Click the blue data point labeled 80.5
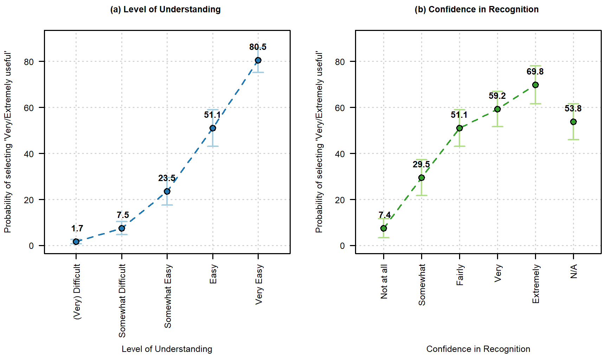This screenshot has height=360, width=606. click(x=258, y=60)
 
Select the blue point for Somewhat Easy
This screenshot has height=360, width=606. click(x=167, y=192)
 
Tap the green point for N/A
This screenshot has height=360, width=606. click(x=573, y=122)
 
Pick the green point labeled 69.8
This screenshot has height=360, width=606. click(x=535, y=85)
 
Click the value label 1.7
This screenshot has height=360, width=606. click(x=77, y=229)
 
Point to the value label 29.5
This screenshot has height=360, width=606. click(x=421, y=164)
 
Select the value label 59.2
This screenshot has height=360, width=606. click(x=497, y=96)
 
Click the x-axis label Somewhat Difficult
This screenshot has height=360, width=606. click(x=122, y=301)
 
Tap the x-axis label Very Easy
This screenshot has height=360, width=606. click(x=259, y=284)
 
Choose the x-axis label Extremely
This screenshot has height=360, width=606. click(x=535, y=284)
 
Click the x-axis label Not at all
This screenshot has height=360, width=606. click(x=384, y=282)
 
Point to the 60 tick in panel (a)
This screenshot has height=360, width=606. click(x=29, y=108)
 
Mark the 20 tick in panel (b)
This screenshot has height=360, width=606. click(x=340, y=200)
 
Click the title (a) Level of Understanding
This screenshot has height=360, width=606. click(x=166, y=9)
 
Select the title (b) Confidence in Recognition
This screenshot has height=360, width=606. click(x=477, y=9)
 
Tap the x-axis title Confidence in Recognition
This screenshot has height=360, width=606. click(x=478, y=349)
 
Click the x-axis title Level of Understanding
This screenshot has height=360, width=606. click(x=167, y=349)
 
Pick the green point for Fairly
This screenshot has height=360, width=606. click(x=459, y=128)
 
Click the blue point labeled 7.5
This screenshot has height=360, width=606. click(x=122, y=229)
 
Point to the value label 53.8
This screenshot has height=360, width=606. click(x=573, y=108)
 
